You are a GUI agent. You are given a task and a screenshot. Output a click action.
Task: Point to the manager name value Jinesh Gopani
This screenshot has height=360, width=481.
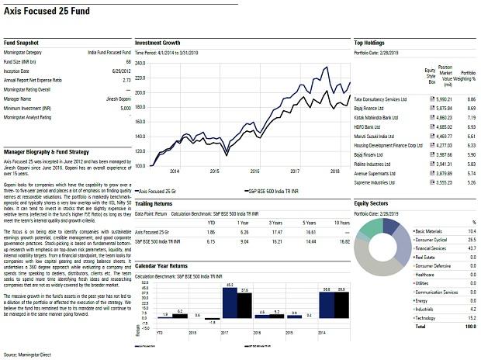pos(113,99)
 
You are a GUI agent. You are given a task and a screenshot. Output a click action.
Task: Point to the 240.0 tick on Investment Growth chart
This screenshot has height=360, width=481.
pos(140,63)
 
